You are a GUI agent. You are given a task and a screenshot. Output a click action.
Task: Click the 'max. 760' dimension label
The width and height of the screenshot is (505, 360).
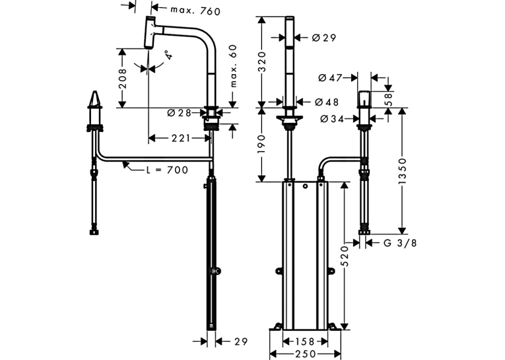click(195, 11)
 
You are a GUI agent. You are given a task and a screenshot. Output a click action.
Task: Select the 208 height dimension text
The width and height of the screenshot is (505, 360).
click(122, 79)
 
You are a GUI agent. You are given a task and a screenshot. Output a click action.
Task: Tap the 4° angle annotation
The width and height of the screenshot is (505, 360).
click(168, 55)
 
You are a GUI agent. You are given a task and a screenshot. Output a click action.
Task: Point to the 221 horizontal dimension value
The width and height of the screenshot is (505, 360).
click(181, 138)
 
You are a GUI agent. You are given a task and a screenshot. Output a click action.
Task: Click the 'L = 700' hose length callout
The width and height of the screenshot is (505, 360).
click(168, 170)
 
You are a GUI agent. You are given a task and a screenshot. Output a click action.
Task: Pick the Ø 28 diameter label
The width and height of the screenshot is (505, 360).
click(179, 113)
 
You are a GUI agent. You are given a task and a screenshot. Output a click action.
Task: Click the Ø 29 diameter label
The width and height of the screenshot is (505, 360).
click(324, 38)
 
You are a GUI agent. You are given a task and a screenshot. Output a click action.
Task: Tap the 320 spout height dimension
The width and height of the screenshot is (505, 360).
click(263, 61)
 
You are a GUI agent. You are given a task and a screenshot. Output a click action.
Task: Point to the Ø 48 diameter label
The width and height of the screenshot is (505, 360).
click(327, 102)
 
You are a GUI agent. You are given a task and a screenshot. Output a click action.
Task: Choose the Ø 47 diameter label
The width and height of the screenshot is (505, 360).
click(330, 78)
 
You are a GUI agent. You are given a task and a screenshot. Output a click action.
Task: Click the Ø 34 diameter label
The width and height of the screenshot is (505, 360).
click(332, 119)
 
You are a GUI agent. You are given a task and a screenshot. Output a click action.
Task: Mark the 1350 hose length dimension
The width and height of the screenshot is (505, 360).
click(402, 171)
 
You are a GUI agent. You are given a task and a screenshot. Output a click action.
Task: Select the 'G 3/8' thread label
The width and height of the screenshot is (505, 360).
click(400, 242)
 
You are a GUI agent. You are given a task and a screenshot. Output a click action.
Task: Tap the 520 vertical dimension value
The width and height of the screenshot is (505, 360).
click(345, 256)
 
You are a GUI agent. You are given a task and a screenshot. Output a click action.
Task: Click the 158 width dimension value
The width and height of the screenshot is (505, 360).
click(305, 342)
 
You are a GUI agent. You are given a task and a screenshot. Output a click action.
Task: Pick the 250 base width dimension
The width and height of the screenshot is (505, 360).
click(305, 353)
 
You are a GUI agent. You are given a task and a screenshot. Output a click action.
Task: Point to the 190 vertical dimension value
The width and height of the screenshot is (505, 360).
click(263, 144)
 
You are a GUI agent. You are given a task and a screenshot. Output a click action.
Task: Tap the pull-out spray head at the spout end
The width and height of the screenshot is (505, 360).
click(150, 32)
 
